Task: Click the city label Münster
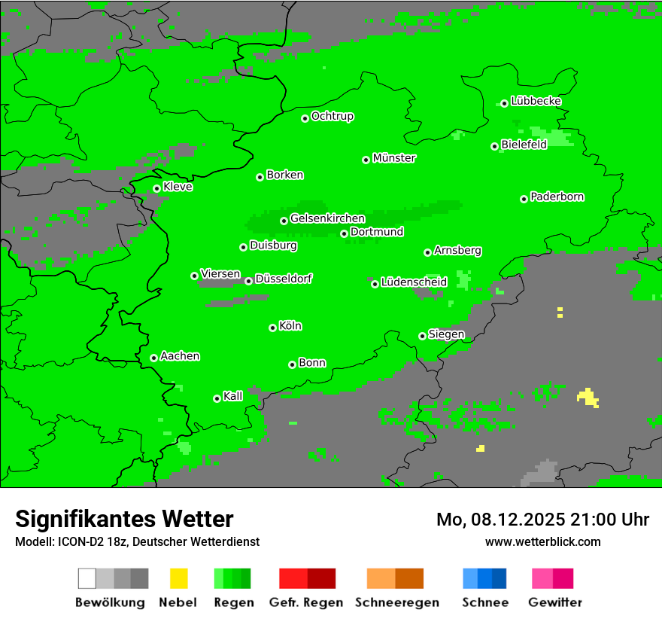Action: pyautogui.click(x=394, y=158)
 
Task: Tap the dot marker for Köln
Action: pyautogui.click(x=272, y=328)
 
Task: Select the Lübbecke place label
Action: pyautogui.click(x=536, y=101)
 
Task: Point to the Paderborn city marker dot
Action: pyautogui.click(x=524, y=199)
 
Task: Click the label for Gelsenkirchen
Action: pyautogui.click(x=327, y=218)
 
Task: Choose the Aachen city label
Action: pyautogui.click(x=180, y=356)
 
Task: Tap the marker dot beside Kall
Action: pyautogui.click(x=217, y=398)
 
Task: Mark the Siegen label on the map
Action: pyautogui.click(x=447, y=334)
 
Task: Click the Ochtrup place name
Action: pyautogui.click(x=333, y=116)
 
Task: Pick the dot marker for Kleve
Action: pyautogui.click(x=156, y=189)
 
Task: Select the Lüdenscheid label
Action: pyautogui.click(x=414, y=282)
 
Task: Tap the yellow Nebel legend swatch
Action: pyautogui.click(x=179, y=578)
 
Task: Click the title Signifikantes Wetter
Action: pyautogui.click(x=124, y=519)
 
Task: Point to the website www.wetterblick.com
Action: pyautogui.click(x=542, y=542)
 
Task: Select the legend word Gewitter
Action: pyautogui.click(x=555, y=602)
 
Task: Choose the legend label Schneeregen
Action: pyautogui.click(x=397, y=602)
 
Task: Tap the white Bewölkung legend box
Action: pyautogui.click(x=87, y=578)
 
